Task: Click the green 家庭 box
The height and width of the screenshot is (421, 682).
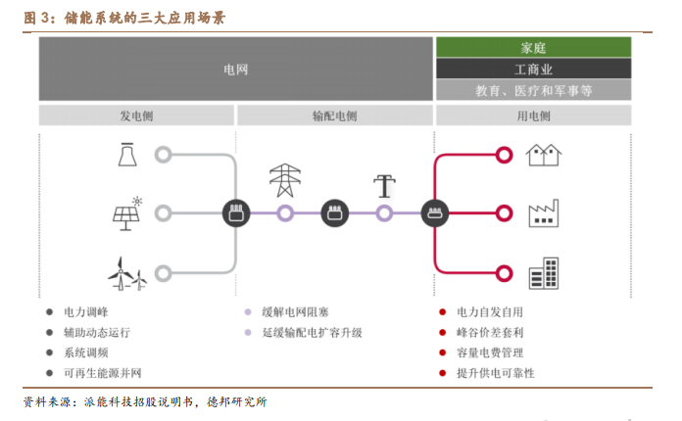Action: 533,47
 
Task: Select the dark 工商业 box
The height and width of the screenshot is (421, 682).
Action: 533,69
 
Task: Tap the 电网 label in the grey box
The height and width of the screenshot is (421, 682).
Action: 236,70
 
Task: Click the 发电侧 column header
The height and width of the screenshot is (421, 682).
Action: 136,116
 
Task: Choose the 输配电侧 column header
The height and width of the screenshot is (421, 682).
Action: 334,116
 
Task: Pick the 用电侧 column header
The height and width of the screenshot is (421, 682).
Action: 533,116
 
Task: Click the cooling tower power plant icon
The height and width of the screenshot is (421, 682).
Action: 127,155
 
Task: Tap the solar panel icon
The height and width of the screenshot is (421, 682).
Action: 127,213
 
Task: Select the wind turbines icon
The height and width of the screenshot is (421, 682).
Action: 127,274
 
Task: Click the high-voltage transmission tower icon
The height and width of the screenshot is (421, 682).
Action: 285,180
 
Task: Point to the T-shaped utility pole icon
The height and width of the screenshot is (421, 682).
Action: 384,186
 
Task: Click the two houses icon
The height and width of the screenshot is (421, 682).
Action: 544,155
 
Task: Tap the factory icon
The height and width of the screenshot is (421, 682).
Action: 544,213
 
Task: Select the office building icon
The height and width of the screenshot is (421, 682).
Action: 544,273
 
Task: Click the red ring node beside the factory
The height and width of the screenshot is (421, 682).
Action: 504,213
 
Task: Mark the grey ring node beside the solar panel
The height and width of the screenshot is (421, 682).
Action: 163,213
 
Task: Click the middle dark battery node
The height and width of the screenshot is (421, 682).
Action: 334,213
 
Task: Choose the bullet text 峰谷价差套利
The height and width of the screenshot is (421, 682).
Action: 490,332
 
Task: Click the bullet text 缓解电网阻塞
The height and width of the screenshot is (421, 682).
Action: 295,312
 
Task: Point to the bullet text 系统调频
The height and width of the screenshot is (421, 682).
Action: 86,352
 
